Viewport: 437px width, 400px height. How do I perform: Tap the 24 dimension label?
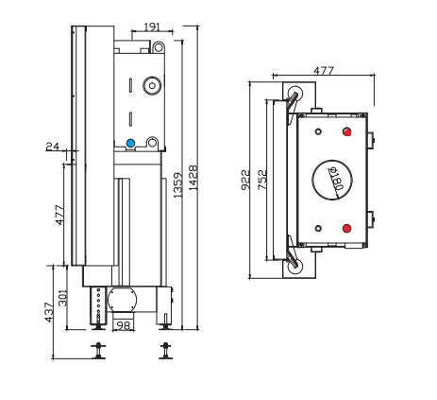(x=52, y=145)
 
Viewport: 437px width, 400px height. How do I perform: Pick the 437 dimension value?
(x=49, y=313)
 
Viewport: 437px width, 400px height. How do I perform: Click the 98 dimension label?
(x=124, y=326)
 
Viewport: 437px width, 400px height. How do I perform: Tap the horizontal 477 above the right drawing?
(x=324, y=70)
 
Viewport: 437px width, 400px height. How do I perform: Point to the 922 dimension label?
(x=244, y=180)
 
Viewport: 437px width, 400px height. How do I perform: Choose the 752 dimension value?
(x=262, y=180)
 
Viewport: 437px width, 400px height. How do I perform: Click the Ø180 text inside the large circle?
(x=333, y=179)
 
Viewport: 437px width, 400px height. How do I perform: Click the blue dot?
(x=131, y=145)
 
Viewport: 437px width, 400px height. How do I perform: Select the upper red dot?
(x=348, y=131)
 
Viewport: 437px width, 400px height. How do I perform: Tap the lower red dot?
(x=348, y=228)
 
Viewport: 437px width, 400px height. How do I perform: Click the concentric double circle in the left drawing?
(x=149, y=86)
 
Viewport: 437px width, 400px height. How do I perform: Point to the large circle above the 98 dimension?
(x=122, y=302)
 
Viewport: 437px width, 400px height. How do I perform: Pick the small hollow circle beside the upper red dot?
(x=319, y=131)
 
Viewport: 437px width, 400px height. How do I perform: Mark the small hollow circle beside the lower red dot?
(x=319, y=228)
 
